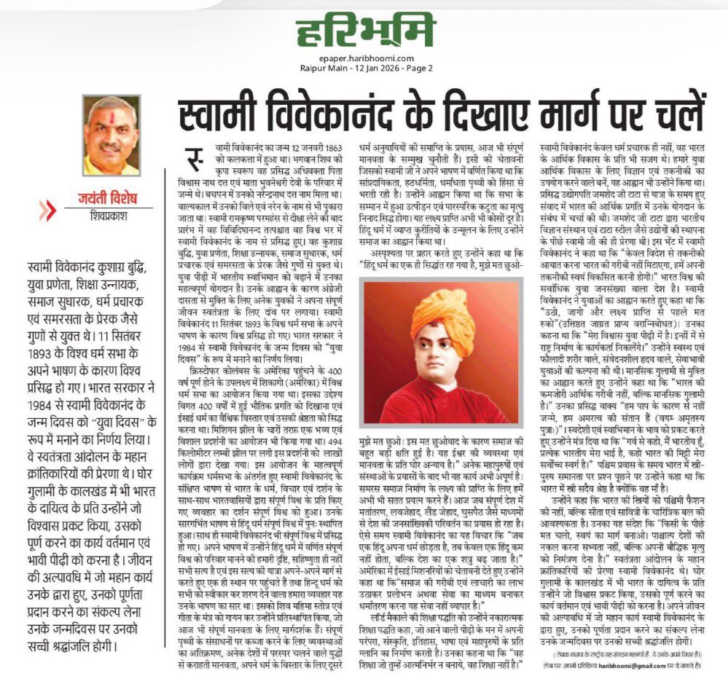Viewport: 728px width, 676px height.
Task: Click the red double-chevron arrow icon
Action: click(x=48, y=210)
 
